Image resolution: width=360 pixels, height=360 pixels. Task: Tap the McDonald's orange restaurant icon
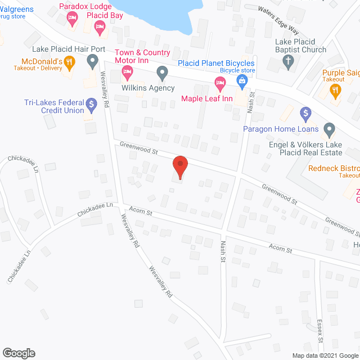pyautogui.click(x=70, y=62)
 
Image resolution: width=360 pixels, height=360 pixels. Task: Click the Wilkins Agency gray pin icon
pyautogui.click(x=162, y=72)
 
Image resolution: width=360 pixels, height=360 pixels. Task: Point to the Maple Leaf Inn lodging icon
pyautogui.click(x=220, y=84)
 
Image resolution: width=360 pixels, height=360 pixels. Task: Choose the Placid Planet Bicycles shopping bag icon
pyautogui.click(x=242, y=81)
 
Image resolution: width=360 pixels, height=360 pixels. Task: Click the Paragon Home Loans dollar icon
pyautogui.click(x=306, y=114)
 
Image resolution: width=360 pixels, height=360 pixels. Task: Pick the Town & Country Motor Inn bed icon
pyautogui.click(x=127, y=71)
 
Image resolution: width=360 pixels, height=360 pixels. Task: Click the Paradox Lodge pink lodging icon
pyautogui.click(x=71, y=19)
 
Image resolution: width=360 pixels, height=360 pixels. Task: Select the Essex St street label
pyautogui.click(x=319, y=332)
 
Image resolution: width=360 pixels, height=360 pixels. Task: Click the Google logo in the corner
pyautogui.click(x=19, y=353)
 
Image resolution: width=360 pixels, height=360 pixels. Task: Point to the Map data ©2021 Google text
pyautogui.click(x=325, y=355)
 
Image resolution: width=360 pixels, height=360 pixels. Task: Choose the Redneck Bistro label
pyautogui.click(x=334, y=169)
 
